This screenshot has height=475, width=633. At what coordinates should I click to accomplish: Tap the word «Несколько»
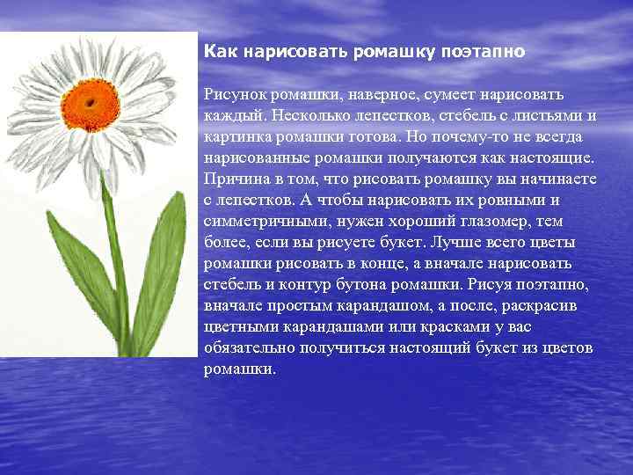pos(312,115)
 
